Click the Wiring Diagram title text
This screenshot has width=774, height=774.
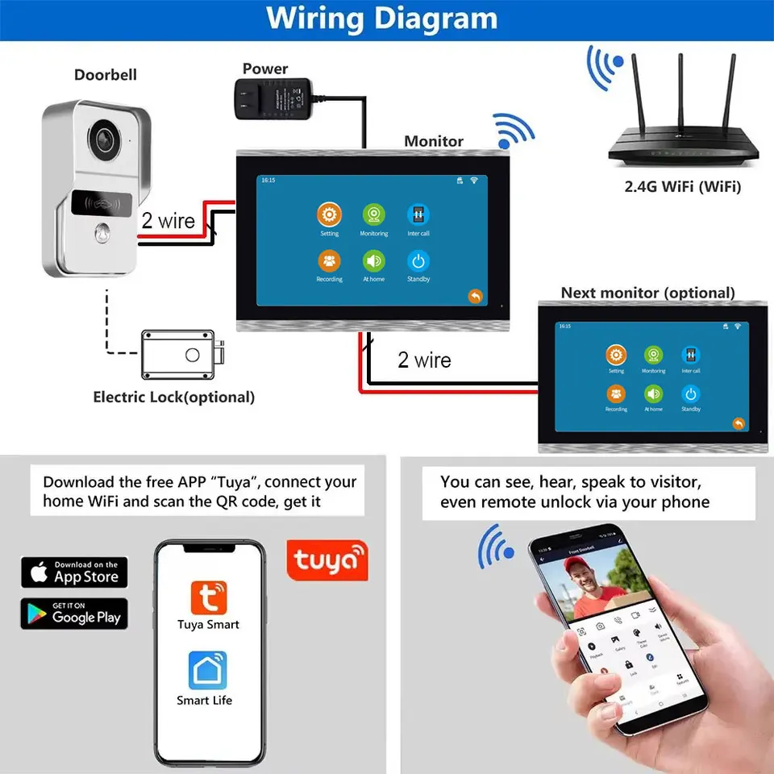point(381,19)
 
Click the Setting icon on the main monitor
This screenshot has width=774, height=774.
point(329,215)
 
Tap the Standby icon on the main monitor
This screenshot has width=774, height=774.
point(418,261)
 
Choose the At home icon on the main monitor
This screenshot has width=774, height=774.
point(373,261)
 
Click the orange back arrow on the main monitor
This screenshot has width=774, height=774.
point(475,296)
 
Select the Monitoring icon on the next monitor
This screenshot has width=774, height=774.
point(653,356)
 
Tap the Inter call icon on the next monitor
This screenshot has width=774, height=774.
point(690,356)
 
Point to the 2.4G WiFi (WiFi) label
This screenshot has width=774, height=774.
point(682,187)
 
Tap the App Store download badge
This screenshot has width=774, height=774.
point(74,572)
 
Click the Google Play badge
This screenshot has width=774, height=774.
point(74,614)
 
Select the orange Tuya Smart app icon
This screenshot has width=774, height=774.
point(208,597)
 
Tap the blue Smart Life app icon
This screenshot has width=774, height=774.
point(207,671)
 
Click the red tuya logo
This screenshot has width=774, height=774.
point(327,560)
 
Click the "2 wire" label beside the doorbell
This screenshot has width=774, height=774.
point(169,221)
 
